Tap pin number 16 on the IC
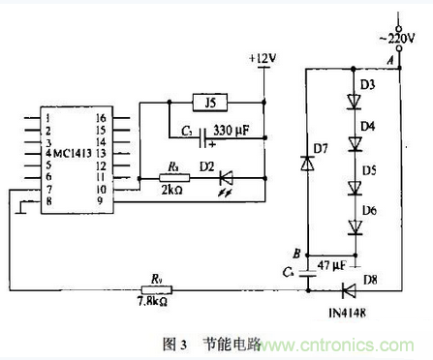click(99, 117)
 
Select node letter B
click(294, 254)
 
